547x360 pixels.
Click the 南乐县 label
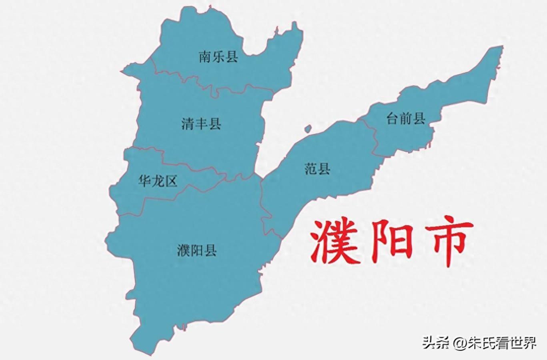(x=218, y=57)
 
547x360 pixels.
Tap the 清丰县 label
(x=201, y=124)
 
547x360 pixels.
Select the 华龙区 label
(x=157, y=181)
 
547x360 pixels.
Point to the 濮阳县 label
(x=196, y=251)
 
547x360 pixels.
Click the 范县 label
(x=317, y=169)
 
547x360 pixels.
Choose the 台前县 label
(x=406, y=118)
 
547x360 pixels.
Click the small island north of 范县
(x=307, y=129)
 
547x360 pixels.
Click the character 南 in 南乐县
(x=205, y=57)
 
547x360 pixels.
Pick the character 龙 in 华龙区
(x=157, y=181)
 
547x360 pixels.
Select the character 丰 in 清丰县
(x=201, y=124)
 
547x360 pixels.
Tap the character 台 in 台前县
(x=393, y=118)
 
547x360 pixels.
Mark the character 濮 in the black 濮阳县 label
(x=183, y=251)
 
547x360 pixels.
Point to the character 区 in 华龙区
(x=171, y=181)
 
